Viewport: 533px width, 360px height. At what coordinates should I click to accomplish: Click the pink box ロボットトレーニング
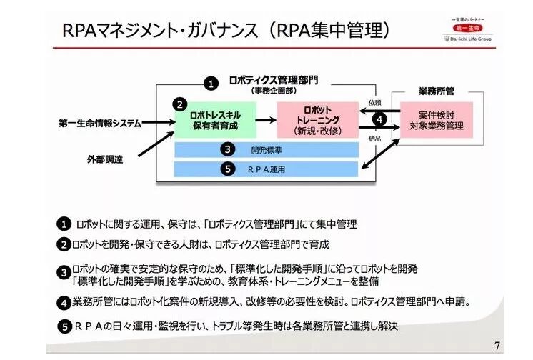(317, 119)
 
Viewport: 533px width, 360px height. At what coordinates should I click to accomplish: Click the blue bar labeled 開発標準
(266, 149)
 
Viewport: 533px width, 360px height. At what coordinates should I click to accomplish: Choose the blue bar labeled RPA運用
(266, 169)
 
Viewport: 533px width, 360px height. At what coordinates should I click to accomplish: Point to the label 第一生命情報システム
(99, 122)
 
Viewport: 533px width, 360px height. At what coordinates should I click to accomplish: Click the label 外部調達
(101, 159)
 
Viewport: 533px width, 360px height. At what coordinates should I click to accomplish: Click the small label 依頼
(374, 102)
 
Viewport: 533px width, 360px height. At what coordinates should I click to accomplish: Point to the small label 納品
(374, 138)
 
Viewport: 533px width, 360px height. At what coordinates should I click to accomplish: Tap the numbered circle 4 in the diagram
(379, 119)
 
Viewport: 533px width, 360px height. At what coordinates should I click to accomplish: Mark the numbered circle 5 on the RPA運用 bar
(226, 169)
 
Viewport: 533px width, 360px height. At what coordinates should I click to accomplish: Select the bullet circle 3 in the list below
(64, 271)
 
